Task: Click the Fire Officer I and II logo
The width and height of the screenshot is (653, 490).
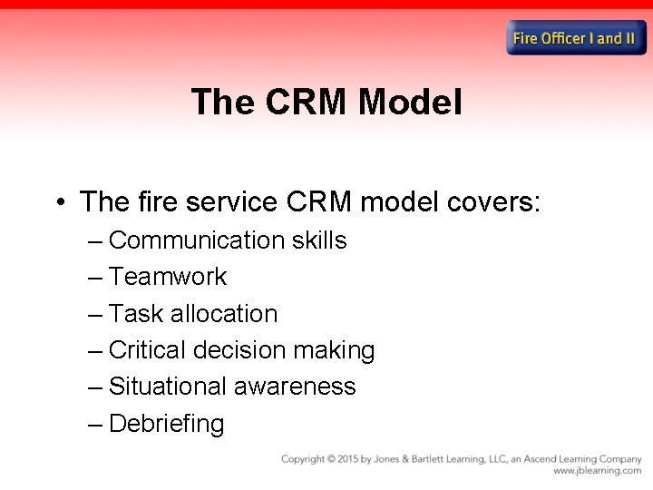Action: point(576,38)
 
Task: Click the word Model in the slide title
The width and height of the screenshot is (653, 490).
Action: point(410,103)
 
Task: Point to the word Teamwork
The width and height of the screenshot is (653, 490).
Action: point(168,277)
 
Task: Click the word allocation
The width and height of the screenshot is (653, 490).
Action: point(222,314)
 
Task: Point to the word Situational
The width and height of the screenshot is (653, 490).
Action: point(168,387)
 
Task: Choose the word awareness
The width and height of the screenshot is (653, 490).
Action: point(295,387)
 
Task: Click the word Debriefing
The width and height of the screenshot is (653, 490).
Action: point(166,424)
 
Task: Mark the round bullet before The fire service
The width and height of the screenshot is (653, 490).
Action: point(60,201)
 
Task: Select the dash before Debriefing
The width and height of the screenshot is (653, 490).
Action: point(96,424)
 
